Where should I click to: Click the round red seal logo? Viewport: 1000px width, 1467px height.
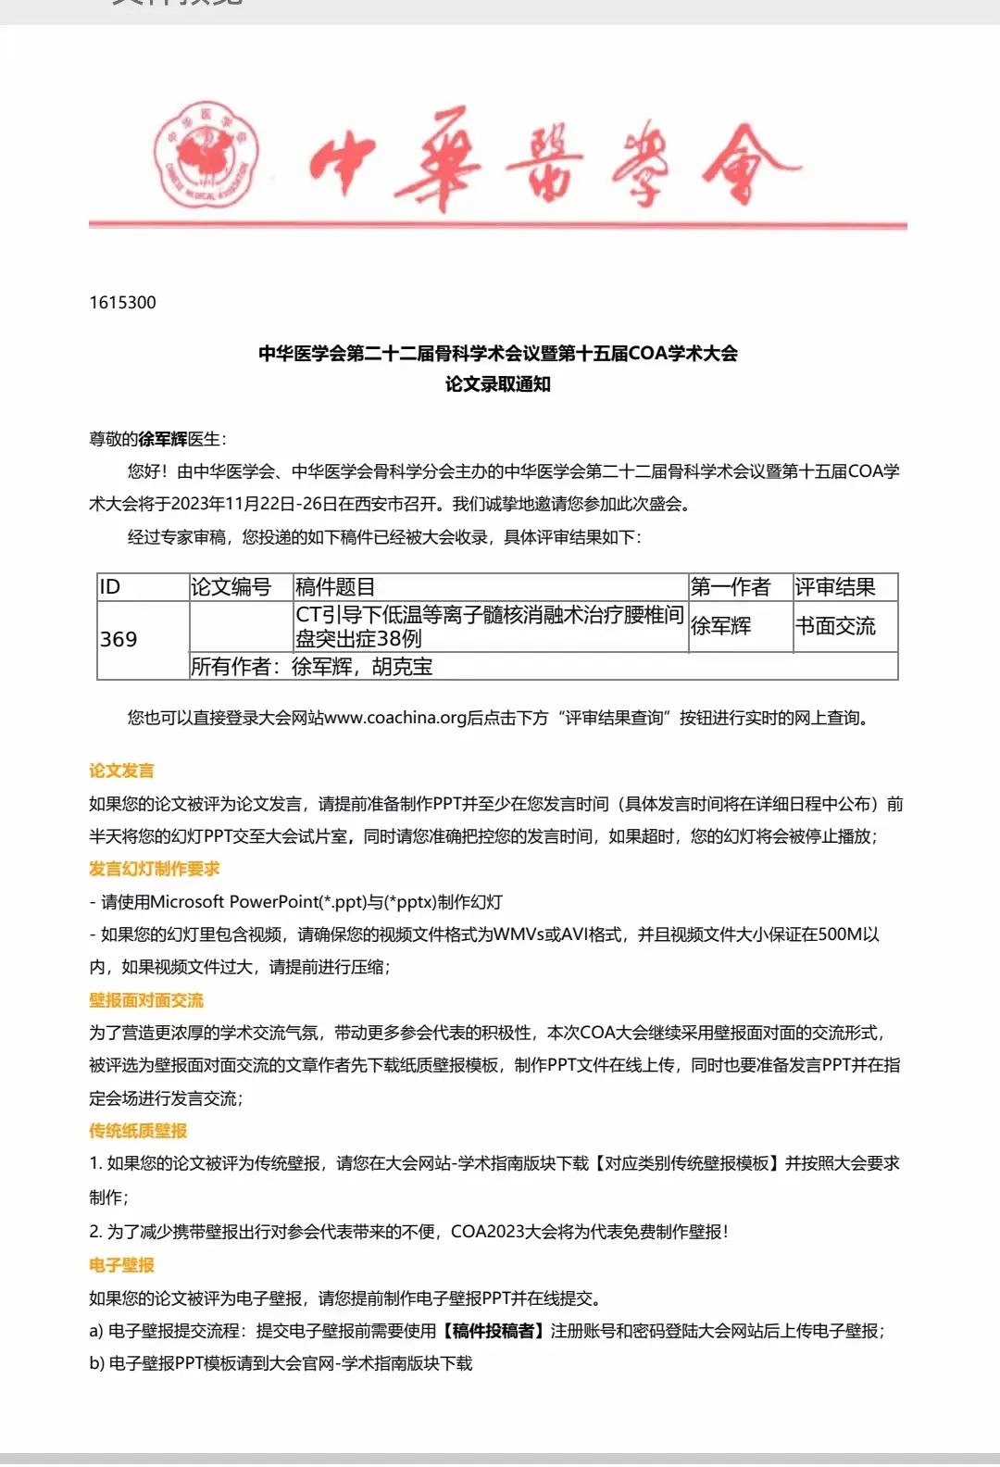[206, 155]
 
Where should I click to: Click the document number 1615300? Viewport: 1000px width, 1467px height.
[123, 303]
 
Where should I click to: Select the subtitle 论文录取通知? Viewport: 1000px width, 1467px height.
[498, 384]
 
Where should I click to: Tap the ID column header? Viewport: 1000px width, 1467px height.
[110, 587]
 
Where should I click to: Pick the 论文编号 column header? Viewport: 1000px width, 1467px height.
[231, 587]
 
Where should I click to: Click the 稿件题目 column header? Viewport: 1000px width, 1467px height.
[335, 587]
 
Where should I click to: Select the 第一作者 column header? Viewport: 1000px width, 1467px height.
[731, 587]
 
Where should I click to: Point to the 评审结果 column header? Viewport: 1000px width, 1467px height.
[835, 587]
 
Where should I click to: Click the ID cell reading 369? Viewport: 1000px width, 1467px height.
[119, 639]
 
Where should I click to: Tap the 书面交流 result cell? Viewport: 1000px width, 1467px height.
[835, 626]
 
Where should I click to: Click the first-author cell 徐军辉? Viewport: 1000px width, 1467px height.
[721, 626]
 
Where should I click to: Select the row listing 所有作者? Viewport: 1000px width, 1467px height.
[312, 667]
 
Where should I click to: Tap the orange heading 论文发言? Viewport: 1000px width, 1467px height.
[121, 771]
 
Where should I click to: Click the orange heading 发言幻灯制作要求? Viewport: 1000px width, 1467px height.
[155, 869]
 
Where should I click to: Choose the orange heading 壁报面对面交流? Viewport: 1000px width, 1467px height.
[146, 1000]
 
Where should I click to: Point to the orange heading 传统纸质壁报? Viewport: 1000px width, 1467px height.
[138, 1131]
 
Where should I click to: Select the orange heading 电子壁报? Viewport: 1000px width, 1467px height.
[121, 1265]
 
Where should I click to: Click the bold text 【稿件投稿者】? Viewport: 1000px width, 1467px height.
[493, 1331]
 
